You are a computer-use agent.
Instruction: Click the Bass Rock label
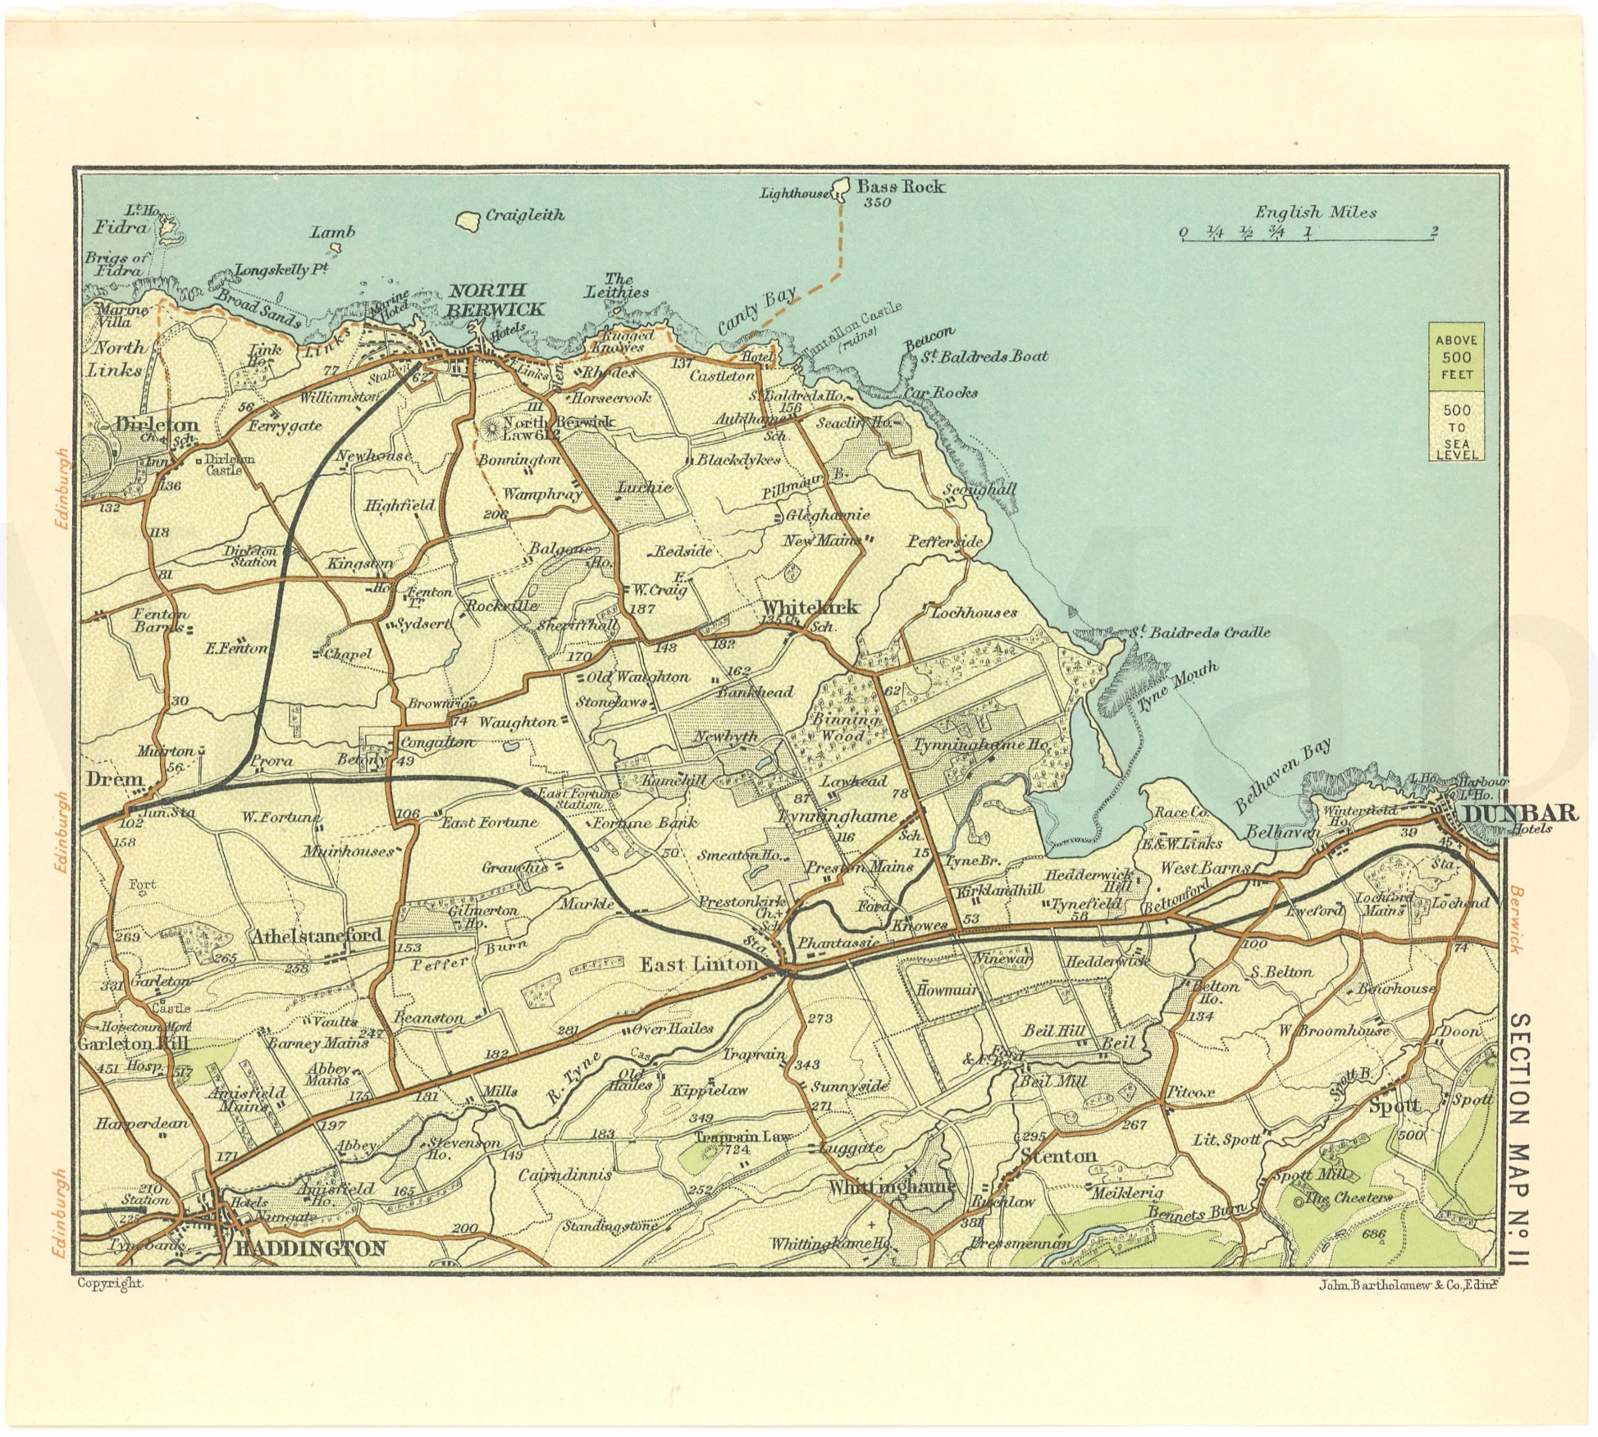(x=901, y=187)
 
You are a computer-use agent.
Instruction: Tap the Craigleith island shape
(x=469, y=220)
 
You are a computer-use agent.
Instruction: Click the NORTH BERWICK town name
(x=495, y=299)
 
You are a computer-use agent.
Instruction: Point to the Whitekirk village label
(x=809, y=606)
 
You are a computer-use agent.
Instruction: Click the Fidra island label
(x=121, y=227)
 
